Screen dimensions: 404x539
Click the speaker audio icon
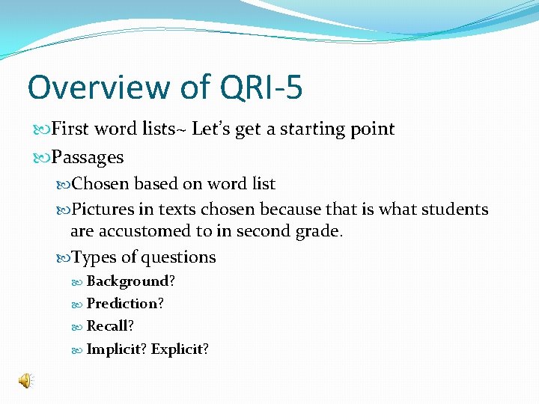point(25,382)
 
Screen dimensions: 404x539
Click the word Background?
point(131,281)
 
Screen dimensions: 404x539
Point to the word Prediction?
point(126,304)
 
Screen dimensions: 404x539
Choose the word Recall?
point(111,326)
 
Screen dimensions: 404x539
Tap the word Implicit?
point(117,349)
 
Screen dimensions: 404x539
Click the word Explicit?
point(180,349)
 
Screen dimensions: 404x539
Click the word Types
point(94,257)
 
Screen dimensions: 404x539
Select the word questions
point(181,257)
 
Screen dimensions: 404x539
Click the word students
point(457,209)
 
